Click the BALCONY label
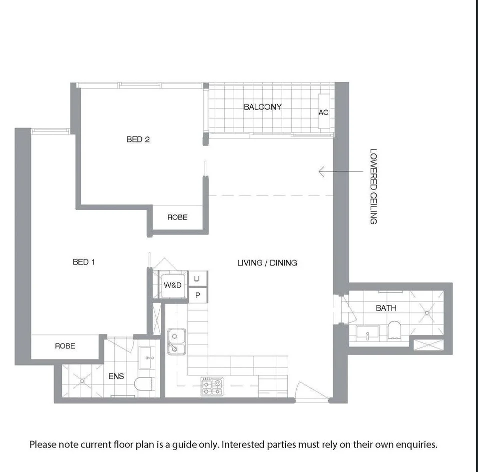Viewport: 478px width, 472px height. pos(262,107)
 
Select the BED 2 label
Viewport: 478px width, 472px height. pos(138,139)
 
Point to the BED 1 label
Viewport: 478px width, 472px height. pos(84,262)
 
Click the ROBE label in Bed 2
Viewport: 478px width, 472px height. pos(177,217)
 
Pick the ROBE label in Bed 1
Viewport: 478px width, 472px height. pos(65,346)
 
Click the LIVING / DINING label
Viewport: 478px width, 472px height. pos(267,262)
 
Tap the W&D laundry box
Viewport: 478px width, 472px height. pos(173,285)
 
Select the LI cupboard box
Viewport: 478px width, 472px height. pos(197,278)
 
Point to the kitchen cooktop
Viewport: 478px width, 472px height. pos(212,386)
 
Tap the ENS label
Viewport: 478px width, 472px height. pos(116,376)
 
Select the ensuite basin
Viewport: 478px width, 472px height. pos(147,356)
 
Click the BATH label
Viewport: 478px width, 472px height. pos(386,308)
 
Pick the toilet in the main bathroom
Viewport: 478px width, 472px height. pos(395,330)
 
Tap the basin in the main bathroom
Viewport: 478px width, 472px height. pos(367,333)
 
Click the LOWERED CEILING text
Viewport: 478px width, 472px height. pos(373,186)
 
